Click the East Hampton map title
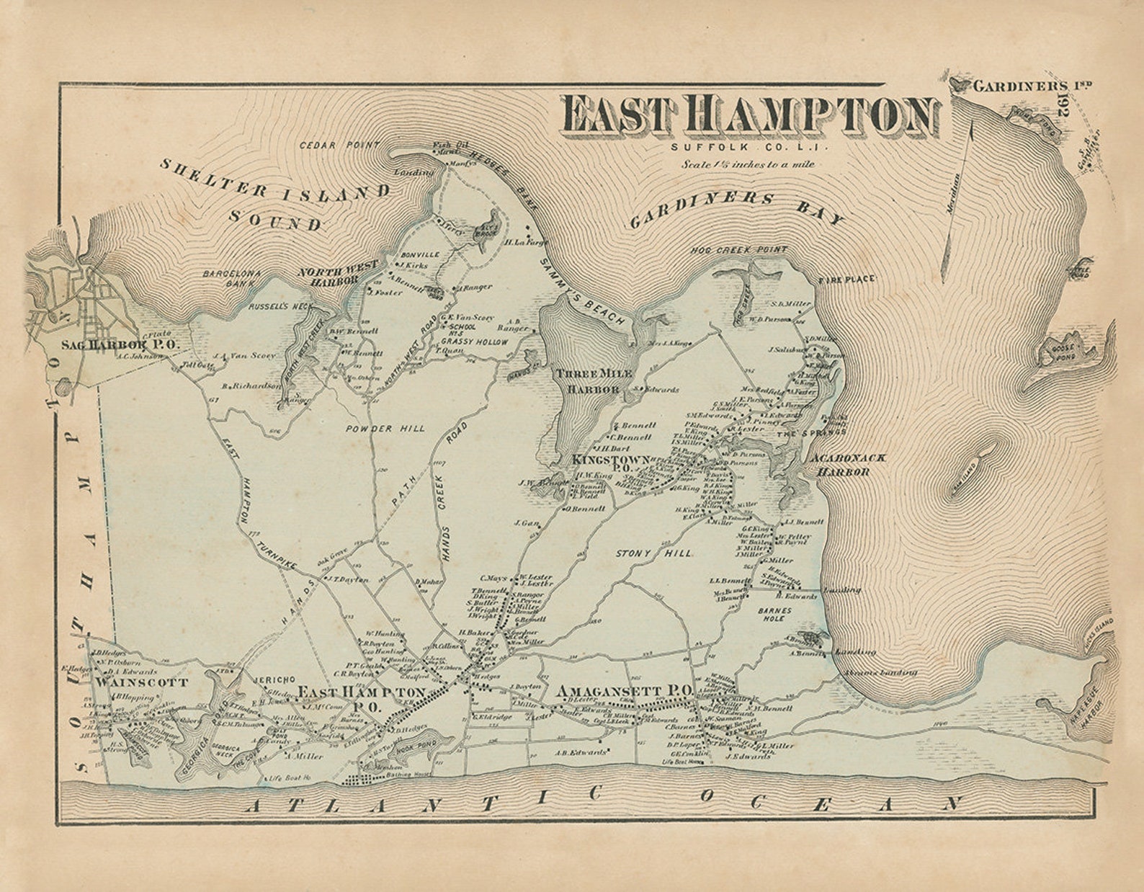[749, 115]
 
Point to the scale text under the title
[748, 164]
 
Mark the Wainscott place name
[142, 682]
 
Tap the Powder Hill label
[385, 429]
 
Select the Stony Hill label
[654, 553]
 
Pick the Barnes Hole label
[774, 614]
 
